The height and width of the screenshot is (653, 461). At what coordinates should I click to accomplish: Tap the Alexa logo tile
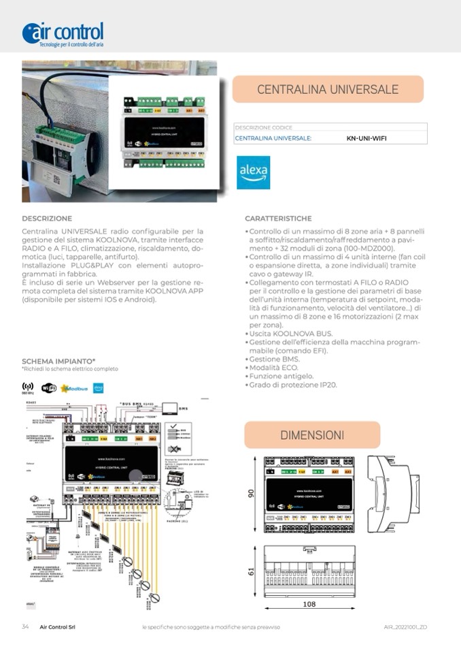pyautogui.click(x=253, y=173)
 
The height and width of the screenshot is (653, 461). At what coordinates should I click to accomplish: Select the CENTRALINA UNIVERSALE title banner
pyautogui.click(x=328, y=89)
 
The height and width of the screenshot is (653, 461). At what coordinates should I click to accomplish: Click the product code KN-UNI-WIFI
pyautogui.click(x=367, y=138)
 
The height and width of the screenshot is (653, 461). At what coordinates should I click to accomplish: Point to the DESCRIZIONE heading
pyautogui.click(x=47, y=219)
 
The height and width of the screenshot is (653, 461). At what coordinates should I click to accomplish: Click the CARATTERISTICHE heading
pyautogui.click(x=278, y=219)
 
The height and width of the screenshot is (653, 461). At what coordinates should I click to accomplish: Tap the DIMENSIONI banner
pyautogui.click(x=312, y=434)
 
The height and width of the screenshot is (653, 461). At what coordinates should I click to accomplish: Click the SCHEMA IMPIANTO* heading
pyautogui.click(x=58, y=361)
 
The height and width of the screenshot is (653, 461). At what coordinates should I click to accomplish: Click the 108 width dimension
pyautogui.click(x=309, y=605)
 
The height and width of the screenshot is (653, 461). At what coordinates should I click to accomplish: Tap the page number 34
pyautogui.click(x=25, y=626)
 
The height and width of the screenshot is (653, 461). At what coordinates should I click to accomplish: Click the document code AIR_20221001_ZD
pyautogui.click(x=406, y=626)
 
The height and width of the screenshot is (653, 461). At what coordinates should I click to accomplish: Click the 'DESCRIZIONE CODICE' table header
pyautogui.click(x=263, y=127)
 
